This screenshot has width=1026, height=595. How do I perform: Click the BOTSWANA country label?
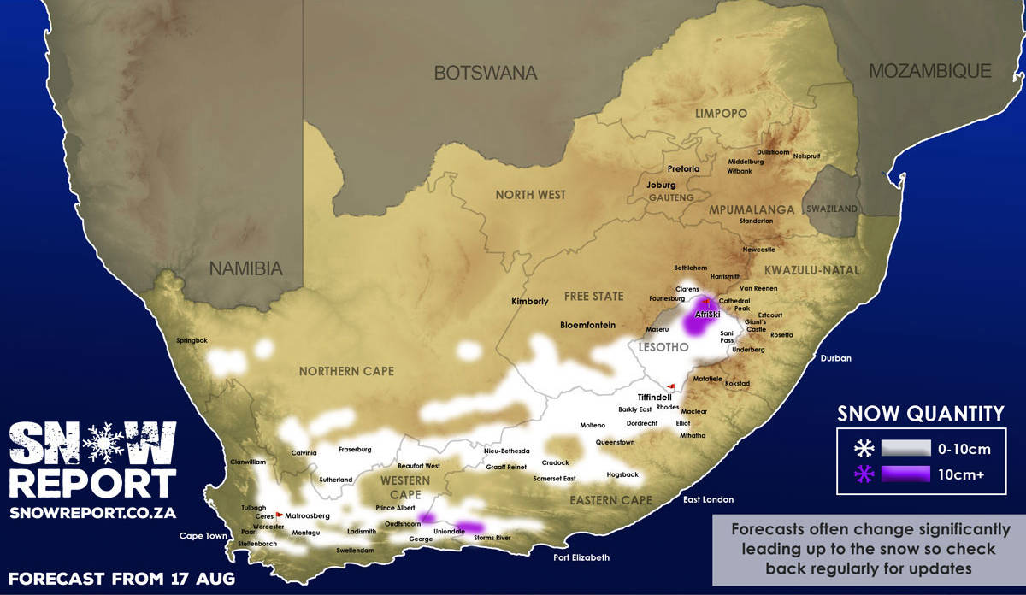pyautogui.click(x=486, y=73)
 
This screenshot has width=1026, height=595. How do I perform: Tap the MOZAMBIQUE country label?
pyautogui.click(x=930, y=71)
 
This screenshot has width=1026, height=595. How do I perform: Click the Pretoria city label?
pyautogui.click(x=683, y=169)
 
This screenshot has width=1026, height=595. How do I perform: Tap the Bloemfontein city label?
pyautogui.click(x=587, y=325)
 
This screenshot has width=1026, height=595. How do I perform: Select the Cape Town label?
pyautogui.click(x=203, y=536)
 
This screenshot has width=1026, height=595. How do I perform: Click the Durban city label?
pyautogui.click(x=835, y=358)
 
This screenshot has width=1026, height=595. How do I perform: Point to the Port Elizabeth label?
pyautogui.click(x=581, y=557)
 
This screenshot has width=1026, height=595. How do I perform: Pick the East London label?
pyautogui.click(x=708, y=499)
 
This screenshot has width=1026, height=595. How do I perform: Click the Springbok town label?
pyautogui.click(x=192, y=340)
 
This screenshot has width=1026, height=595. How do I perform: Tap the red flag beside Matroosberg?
pyautogui.click(x=279, y=515)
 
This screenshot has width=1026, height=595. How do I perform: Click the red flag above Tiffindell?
pyautogui.click(x=671, y=386)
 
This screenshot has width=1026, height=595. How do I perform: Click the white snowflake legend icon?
pyautogui.click(x=864, y=447)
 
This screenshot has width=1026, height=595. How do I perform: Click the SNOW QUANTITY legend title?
pyautogui.click(x=921, y=415)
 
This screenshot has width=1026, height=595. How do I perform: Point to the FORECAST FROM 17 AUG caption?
pyautogui.click(x=121, y=577)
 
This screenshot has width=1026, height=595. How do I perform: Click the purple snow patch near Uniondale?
pyautogui.click(x=469, y=527)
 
